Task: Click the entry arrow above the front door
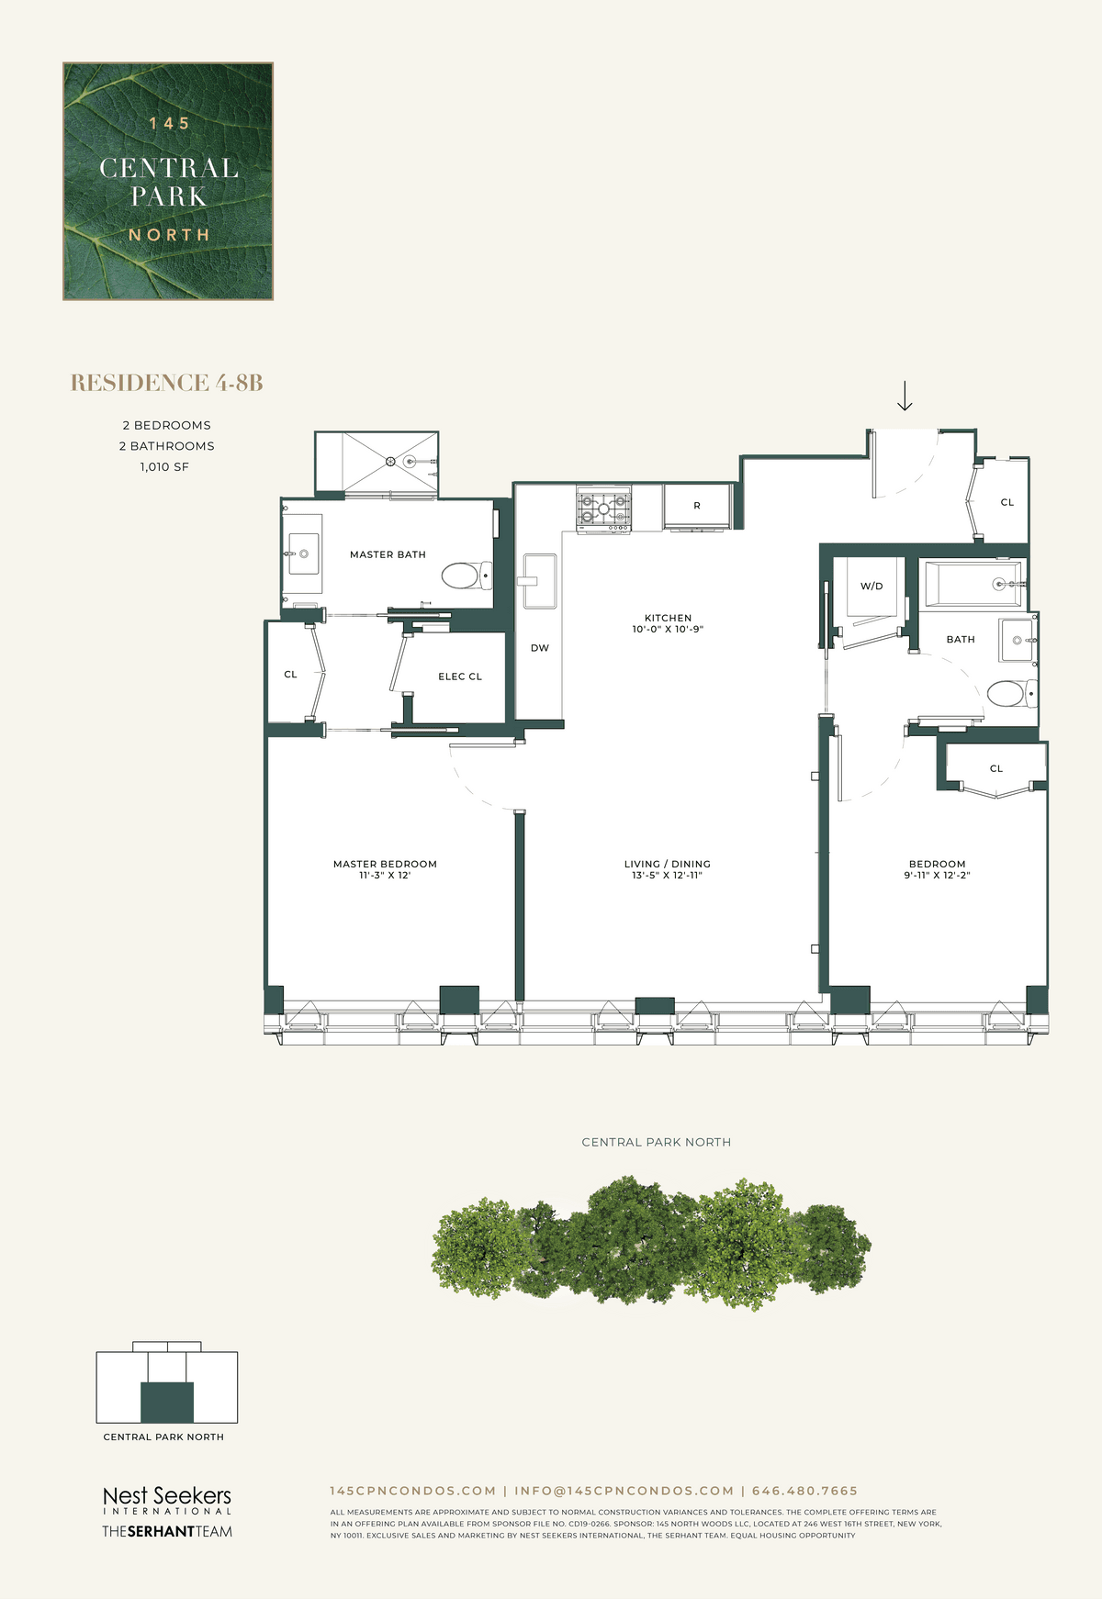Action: (905, 396)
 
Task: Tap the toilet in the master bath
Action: (467, 576)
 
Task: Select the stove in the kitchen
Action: (603, 509)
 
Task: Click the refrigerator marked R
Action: (697, 507)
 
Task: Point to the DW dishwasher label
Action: (540, 648)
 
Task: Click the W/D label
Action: (871, 587)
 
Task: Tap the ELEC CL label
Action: (460, 676)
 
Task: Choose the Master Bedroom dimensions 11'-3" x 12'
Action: (385, 876)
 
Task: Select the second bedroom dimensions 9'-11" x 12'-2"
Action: (937, 876)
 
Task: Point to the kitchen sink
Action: (539, 581)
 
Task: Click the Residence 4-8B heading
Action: (167, 383)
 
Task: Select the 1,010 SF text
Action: (165, 467)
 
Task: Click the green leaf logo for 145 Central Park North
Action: (168, 181)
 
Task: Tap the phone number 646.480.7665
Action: (804, 1491)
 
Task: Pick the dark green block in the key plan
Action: (167, 1402)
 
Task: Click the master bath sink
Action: (303, 554)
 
